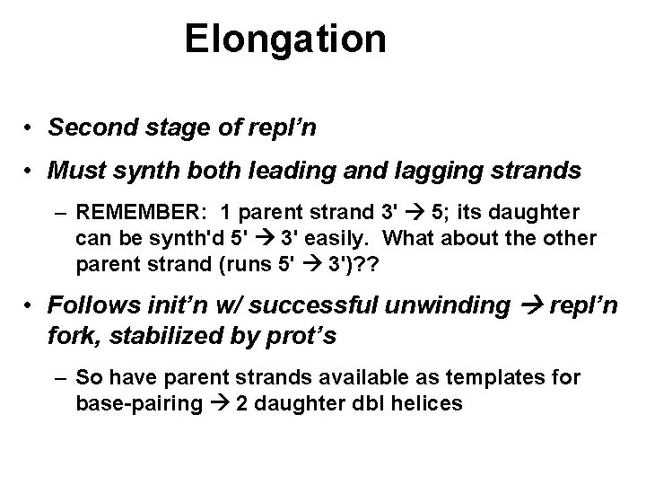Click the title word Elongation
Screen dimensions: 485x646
285,40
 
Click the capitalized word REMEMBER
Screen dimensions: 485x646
144,214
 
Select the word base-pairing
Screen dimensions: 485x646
140,404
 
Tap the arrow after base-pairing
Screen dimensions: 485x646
222,404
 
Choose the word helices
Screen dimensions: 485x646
428,404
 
